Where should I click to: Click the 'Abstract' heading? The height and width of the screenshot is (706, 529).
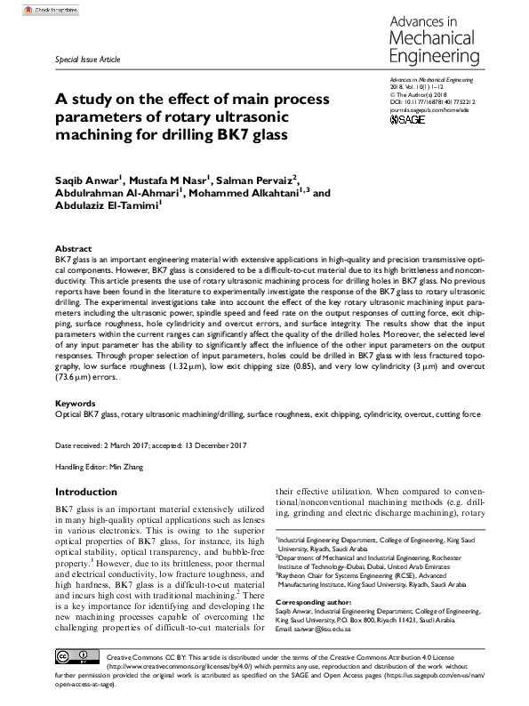tap(73, 249)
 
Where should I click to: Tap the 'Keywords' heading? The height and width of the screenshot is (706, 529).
tap(76, 403)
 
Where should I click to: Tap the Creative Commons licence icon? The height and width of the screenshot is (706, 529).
tap(72, 656)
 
